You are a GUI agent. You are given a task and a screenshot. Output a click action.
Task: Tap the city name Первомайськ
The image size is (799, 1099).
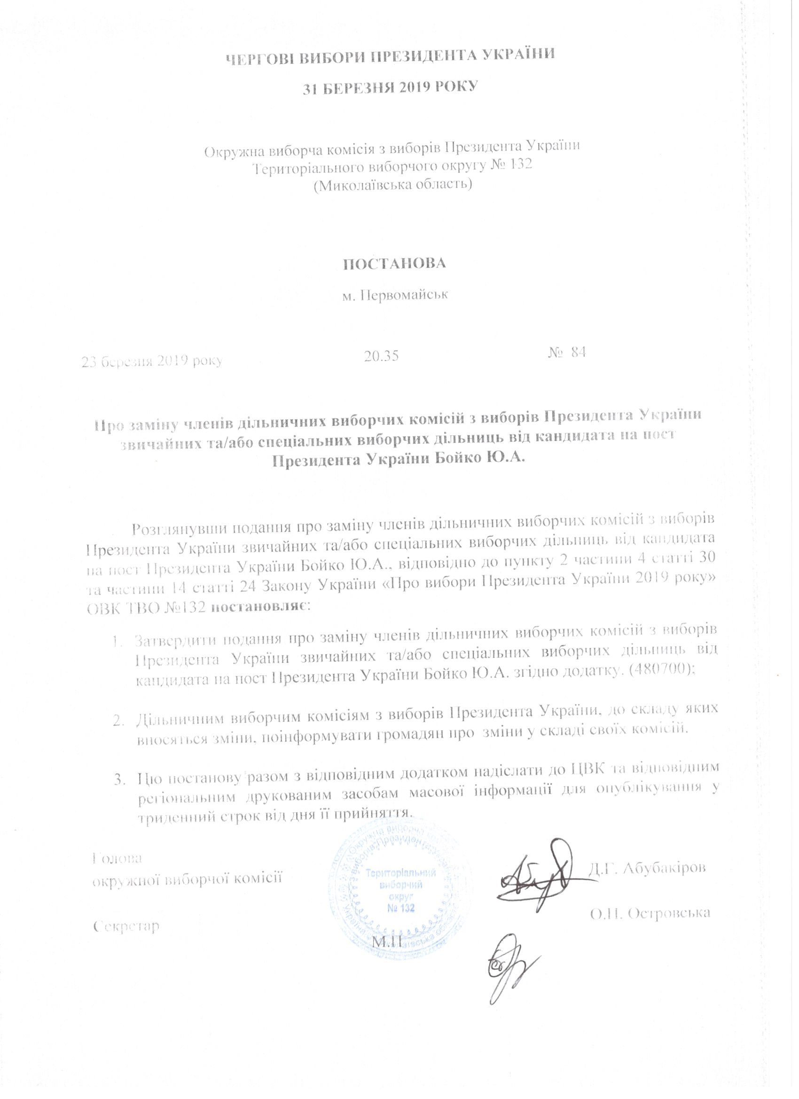click(x=394, y=295)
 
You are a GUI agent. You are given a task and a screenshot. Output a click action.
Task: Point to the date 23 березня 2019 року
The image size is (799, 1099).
click(x=152, y=361)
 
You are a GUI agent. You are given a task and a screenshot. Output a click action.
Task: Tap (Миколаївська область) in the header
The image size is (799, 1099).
click(x=393, y=185)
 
